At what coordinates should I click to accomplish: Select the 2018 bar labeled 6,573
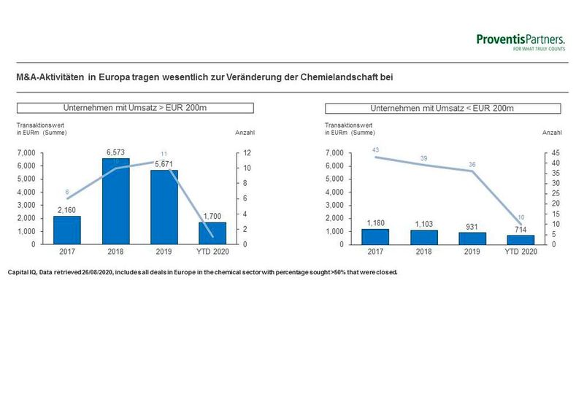click(x=115, y=201)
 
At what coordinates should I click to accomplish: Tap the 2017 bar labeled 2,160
click(x=67, y=230)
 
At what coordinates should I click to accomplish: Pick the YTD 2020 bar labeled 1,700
click(x=212, y=233)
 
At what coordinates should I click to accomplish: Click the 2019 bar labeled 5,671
click(x=164, y=207)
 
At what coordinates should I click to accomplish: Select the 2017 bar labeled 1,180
click(x=375, y=236)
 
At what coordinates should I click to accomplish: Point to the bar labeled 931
click(x=472, y=238)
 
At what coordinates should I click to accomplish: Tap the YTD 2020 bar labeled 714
click(x=520, y=239)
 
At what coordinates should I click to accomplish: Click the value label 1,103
click(x=423, y=224)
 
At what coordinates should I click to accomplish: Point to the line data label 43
click(x=376, y=150)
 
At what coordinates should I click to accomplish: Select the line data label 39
click(x=423, y=158)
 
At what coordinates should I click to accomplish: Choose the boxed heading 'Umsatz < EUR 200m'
click(x=442, y=109)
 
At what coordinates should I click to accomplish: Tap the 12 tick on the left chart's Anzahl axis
click(x=247, y=153)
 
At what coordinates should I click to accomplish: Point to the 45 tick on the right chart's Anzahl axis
click(x=555, y=153)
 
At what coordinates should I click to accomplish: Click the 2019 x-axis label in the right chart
click(x=472, y=252)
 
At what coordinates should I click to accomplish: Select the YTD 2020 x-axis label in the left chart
click(x=212, y=252)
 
